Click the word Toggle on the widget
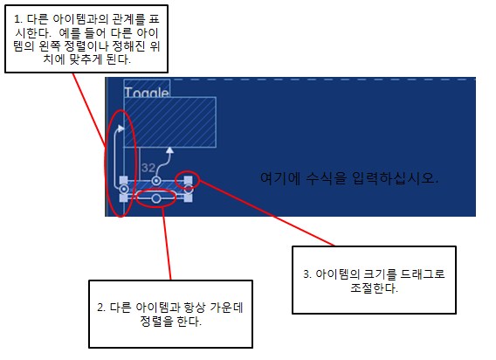click(147, 92)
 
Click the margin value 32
click(148, 168)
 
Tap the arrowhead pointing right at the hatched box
click(121, 128)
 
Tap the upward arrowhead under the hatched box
click(170, 150)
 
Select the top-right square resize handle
click(188, 181)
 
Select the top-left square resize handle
click(124, 181)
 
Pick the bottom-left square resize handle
click(124, 198)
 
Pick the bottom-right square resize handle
click(188, 198)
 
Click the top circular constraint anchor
click(156, 181)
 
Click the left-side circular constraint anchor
click(124, 190)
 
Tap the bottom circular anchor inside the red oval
click(156, 198)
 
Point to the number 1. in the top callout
click(18, 19)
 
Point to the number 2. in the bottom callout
click(101, 308)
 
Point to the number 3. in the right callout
click(307, 273)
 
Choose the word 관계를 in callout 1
click(129, 19)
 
